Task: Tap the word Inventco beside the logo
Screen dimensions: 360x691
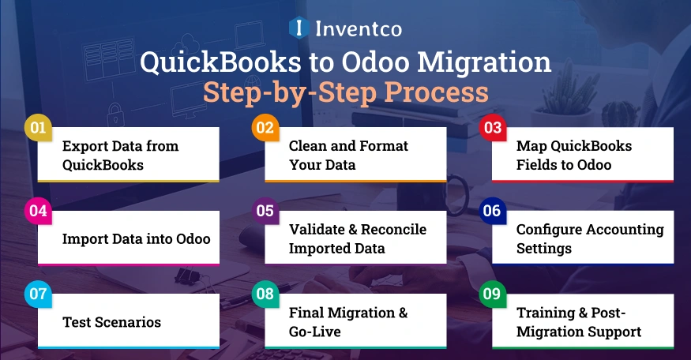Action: tap(358, 30)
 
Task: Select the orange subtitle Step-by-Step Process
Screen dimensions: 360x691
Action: tap(345, 92)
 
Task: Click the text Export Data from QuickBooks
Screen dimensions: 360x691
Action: tap(120, 156)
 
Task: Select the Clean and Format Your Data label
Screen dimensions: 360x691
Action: tap(348, 156)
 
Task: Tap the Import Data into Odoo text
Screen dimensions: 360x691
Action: tap(136, 238)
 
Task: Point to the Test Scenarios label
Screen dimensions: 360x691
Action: tap(111, 322)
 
